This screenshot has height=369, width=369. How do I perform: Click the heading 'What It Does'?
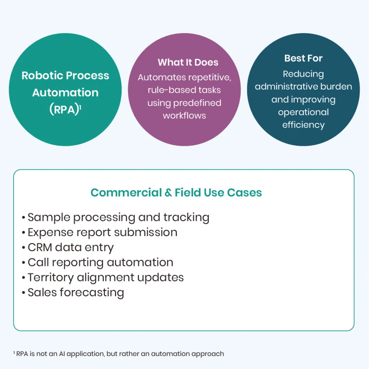pos(188,62)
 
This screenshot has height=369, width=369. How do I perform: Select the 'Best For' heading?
pos(303,58)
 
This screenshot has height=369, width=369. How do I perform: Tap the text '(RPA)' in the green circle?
pos(64,109)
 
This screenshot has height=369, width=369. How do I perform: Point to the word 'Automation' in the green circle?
pos(65,93)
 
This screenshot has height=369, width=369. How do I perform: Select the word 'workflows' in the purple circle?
pos(184,116)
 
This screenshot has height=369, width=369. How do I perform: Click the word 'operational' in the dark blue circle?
pos(303,112)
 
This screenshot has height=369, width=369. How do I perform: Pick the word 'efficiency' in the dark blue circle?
pos(303,125)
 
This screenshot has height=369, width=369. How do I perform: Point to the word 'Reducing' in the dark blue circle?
pos(303,74)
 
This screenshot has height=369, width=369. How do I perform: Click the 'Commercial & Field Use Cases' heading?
pos(176,193)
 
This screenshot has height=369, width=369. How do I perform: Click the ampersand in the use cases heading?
pos(168,193)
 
